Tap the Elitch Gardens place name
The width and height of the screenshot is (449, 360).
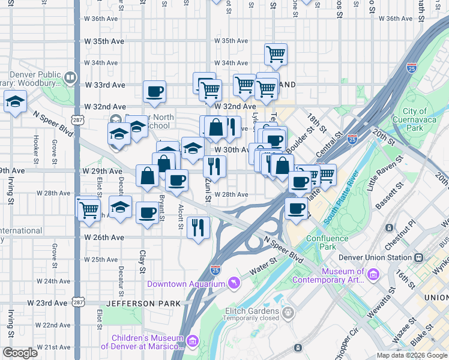pyautogui.click(x=252, y=311)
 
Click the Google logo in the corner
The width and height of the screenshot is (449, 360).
pyautogui.click(x=20, y=353)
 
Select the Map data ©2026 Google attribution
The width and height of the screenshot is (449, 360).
pyautogui.click(x=411, y=355)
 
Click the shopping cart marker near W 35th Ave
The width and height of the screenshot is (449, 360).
pyautogui.click(x=276, y=55)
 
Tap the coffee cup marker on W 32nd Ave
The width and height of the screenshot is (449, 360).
pyautogui.click(x=155, y=92)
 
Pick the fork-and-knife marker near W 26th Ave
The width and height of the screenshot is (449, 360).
pyautogui.click(x=198, y=227)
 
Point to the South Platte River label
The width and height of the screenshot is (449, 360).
pyautogui.click(x=341, y=199)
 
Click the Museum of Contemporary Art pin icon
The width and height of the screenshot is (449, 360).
pyautogui.click(x=373, y=274)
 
